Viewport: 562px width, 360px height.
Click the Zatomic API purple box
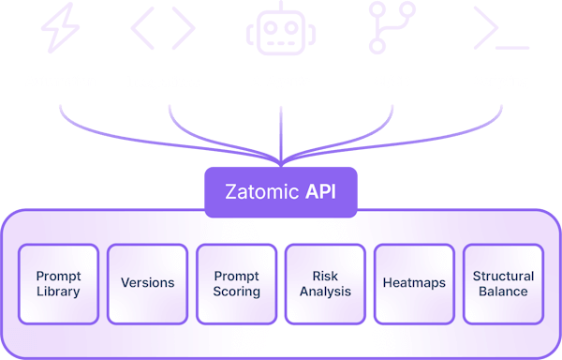[280, 193]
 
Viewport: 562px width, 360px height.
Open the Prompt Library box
[58, 283]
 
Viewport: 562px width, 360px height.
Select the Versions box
[147, 283]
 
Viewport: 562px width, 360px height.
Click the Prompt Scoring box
[236, 283]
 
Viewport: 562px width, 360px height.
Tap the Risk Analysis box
[325, 283]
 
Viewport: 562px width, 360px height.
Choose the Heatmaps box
[414, 283]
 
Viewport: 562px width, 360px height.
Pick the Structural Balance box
[503, 283]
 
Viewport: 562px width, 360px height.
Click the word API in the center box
[319, 193]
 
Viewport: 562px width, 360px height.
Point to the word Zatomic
[262, 193]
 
